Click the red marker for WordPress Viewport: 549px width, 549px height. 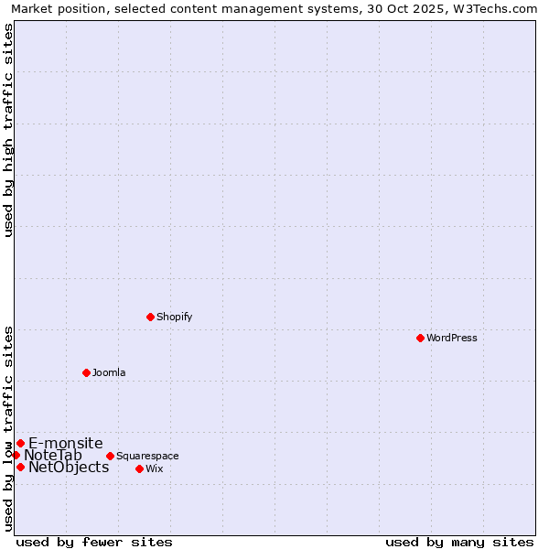[420, 338]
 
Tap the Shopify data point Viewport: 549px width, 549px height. [150, 317]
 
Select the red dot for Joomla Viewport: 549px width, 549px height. [86, 372]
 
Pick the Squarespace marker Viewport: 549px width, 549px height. [110, 456]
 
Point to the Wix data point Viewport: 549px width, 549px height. [139, 468]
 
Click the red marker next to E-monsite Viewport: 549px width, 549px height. [20, 443]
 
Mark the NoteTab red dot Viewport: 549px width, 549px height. [16, 455]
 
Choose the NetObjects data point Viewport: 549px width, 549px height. [20, 467]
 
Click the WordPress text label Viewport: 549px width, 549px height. [451, 338]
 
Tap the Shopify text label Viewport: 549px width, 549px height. [174, 317]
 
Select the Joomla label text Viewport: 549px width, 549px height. [109, 372]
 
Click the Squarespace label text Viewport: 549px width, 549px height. [147, 456]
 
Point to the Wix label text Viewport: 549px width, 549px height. [154, 468]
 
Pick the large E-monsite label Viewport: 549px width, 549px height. [66, 443]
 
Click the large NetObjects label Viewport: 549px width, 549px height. [69, 467]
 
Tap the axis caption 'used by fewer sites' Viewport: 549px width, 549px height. [94, 542]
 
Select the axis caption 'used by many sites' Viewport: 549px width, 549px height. [459, 542]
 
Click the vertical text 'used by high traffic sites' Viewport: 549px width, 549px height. [8, 130]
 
